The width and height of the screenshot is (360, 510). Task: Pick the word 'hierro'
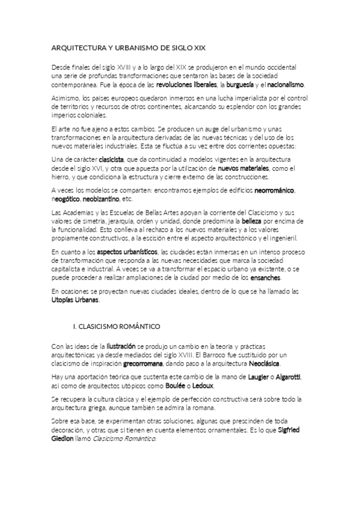[63, 176]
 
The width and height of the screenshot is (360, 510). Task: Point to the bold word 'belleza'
[249, 221]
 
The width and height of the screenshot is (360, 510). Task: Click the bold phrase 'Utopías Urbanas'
[75, 300]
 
